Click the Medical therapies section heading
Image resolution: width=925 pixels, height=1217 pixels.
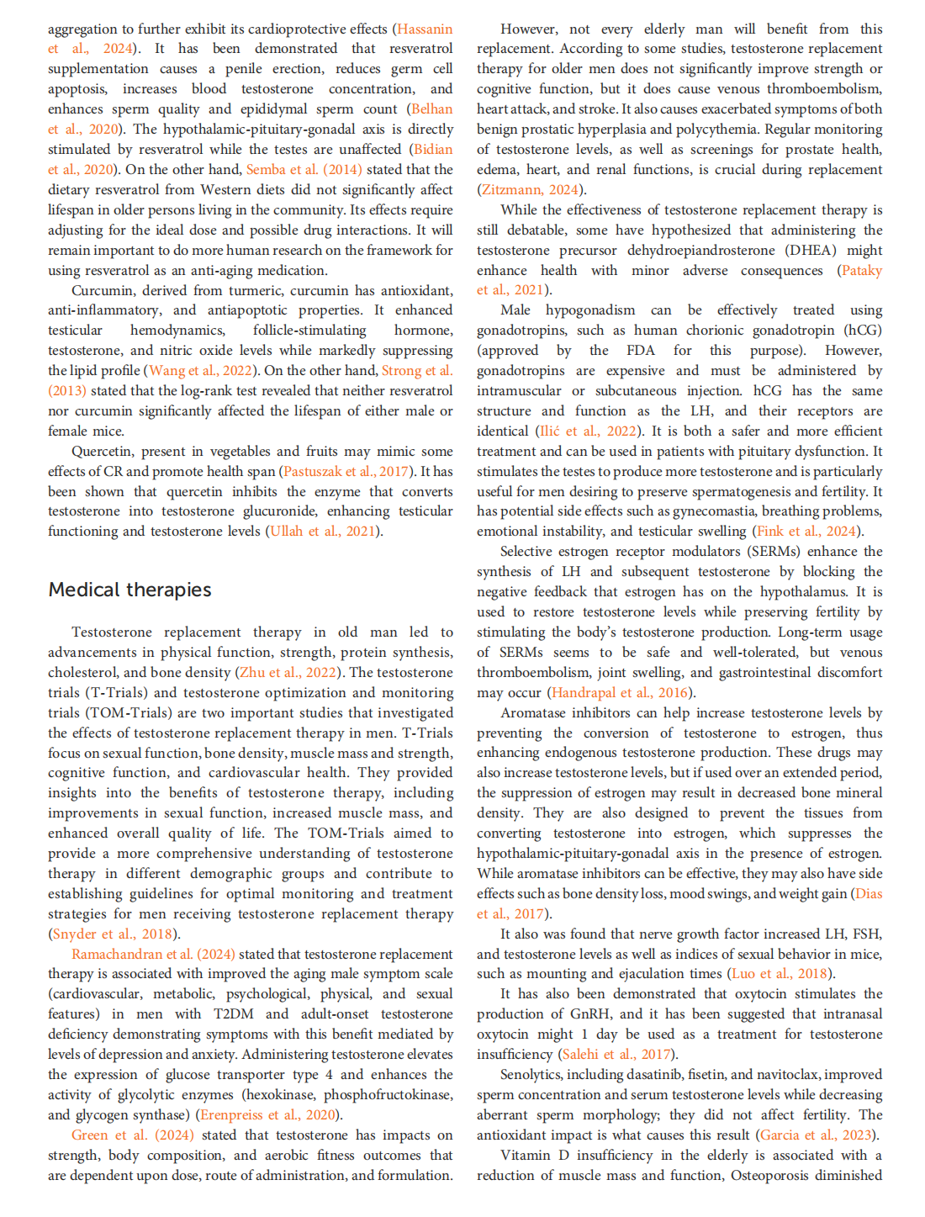point(130,590)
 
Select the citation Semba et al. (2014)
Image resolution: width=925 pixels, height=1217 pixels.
point(304,170)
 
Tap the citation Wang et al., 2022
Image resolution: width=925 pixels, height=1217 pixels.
point(201,371)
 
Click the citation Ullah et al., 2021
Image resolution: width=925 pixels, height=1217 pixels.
point(322,532)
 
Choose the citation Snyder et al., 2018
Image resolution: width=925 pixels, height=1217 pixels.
point(112,934)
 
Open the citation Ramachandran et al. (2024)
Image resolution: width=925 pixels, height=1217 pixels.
point(153,955)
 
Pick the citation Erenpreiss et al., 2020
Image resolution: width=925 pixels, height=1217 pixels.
point(268,1115)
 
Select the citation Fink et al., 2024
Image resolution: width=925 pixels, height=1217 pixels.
point(806,532)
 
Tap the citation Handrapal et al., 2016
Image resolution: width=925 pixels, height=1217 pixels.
point(619,693)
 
